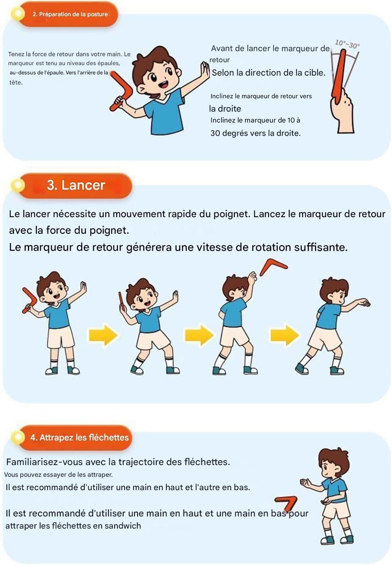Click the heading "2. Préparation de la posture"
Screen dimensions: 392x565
[x=70, y=14]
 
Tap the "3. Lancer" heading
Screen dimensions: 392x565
[x=76, y=185]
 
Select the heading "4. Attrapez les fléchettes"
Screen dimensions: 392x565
[x=79, y=437]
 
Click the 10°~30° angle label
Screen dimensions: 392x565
[x=347, y=44]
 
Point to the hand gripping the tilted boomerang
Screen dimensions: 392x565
[x=342, y=111]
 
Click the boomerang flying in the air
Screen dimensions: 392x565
[x=273, y=267]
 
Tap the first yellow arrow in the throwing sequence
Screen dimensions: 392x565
[x=103, y=335]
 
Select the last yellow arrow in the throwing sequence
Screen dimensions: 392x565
[x=285, y=335]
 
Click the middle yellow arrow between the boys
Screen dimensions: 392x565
[x=199, y=335]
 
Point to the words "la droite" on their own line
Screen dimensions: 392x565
[x=225, y=109]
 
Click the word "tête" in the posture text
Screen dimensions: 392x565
[x=16, y=83]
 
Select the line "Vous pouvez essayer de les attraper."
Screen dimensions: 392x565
[x=58, y=474]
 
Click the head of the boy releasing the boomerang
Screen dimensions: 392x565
[x=234, y=288]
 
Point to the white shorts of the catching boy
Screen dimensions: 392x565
[x=336, y=512]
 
